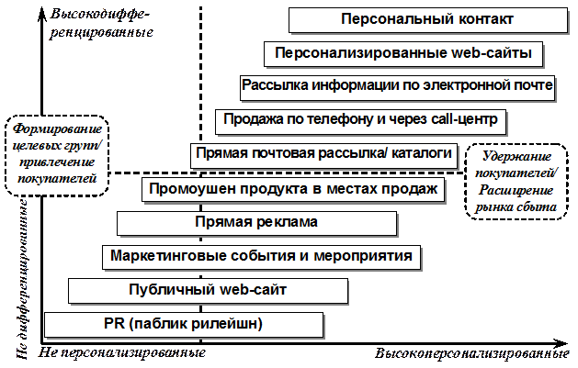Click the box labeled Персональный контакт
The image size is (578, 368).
tap(425, 19)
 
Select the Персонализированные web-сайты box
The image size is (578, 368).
tap(402, 53)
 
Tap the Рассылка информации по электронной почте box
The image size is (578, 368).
tap(397, 86)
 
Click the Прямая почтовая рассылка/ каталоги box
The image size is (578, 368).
tap(323, 153)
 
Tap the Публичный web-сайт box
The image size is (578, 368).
tap(209, 290)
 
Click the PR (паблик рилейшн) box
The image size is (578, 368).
tap(184, 323)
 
